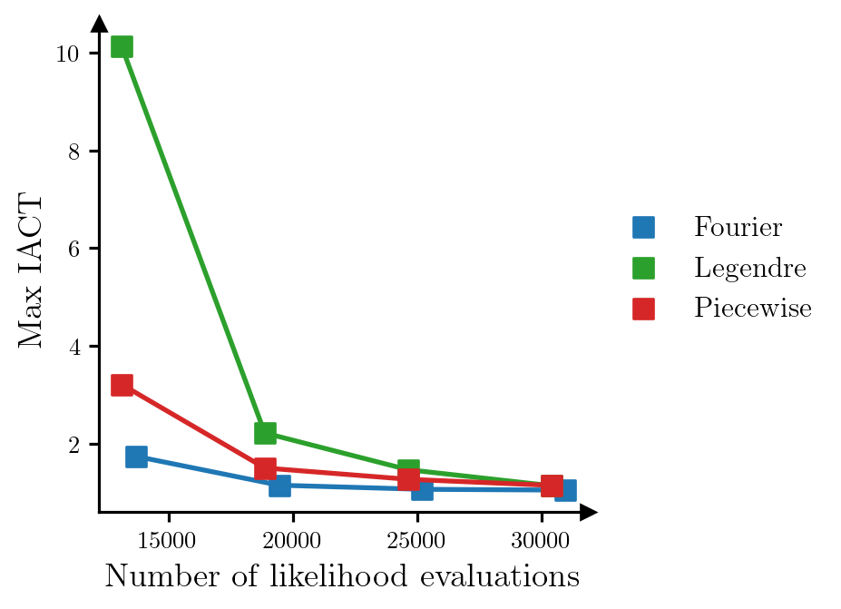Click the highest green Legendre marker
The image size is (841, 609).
(x=122, y=46)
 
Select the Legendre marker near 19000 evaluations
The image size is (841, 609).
(x=265, y=432)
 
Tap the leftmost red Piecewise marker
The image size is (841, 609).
(x=122, y=385)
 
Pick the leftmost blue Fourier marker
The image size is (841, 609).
(x=136, y=457)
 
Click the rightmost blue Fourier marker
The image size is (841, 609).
(x=565, y=490)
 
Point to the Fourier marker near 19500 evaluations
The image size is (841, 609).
(x=279, y=486)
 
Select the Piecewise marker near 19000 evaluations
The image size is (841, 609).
(x=265, y=468)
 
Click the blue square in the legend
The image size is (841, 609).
(x=643, y=227)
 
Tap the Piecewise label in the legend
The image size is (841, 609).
(x=752, y=309)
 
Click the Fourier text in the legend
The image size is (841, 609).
(x=738, y=227)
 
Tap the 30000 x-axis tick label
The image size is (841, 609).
(x=541, y=542)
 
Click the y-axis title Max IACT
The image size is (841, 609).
(x=31, y=270)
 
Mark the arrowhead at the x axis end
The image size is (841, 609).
(x=589, y=513)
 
